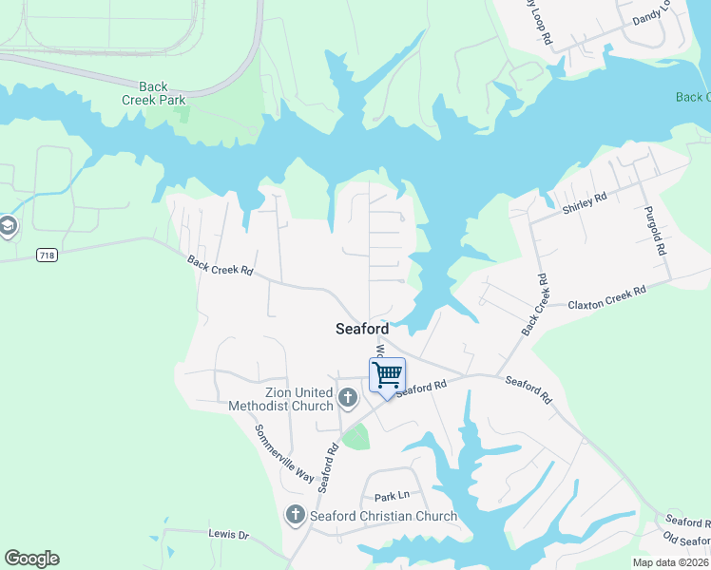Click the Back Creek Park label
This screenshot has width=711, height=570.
[x=153, y=92]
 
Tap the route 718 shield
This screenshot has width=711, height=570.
[x=46, y=256]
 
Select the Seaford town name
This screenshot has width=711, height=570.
[x=361, y=329]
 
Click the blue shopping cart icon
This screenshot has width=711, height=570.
[x=387, y=374]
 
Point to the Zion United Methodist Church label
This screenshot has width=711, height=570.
[x=280, y=399]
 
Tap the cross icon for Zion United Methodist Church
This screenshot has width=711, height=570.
[x=348, y=398]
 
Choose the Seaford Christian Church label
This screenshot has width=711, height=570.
[x=384, y=516]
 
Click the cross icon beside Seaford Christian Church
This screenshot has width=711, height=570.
[x=296, y=516]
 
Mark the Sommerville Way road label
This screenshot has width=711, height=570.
[x=283, y=452]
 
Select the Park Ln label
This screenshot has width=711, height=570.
[x=391, y=496]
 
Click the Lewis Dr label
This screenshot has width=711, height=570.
[x=228, y=535]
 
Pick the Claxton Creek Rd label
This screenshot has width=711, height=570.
[x=606, y=299]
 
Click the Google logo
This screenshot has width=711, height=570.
[x=31, y=559]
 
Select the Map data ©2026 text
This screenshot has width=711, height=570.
[x=670, y=562]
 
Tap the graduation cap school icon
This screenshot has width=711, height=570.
[x=8, y=226]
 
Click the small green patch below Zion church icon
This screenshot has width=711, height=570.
[x=355, y=438]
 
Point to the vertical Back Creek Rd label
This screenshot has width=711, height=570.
[x=535, y=305]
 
